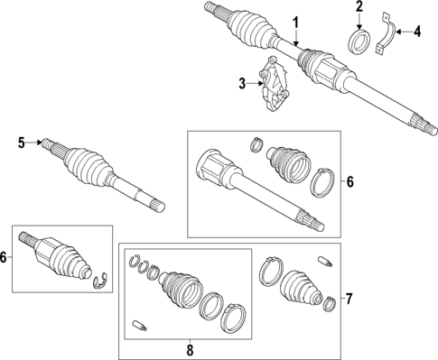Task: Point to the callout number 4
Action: click(416, 33)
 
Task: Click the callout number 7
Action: click(350, 297)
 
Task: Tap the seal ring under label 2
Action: click(359, 42)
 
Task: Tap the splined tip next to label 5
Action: click(44, 143)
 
